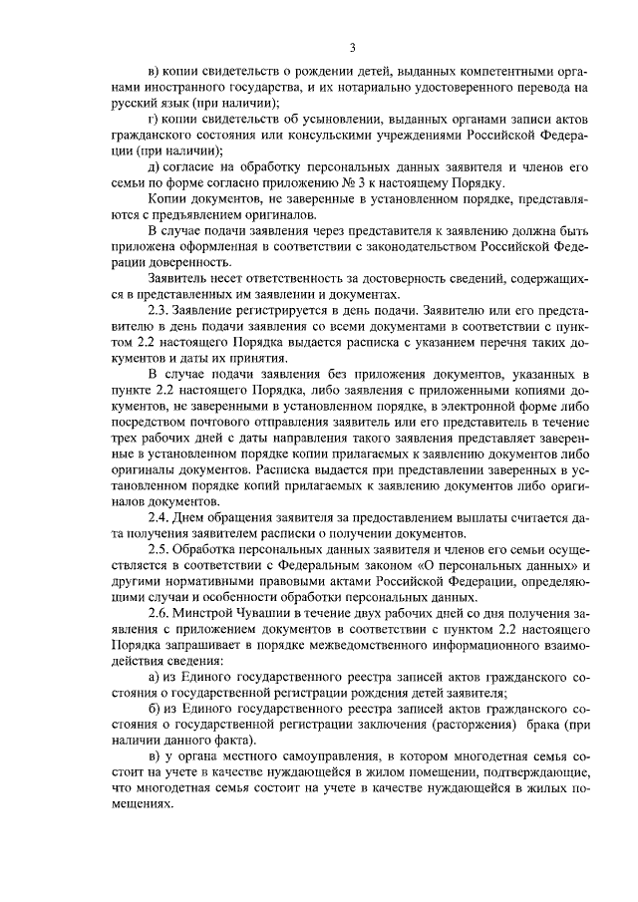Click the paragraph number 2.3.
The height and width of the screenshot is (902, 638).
[159, 310]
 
